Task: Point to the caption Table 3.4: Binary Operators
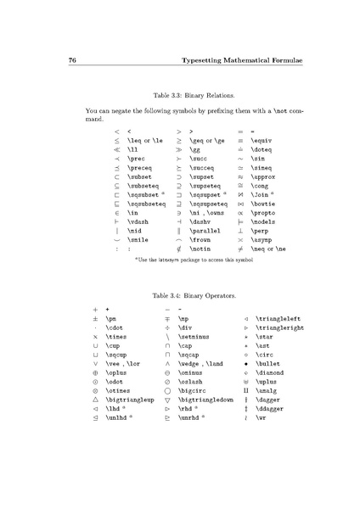(179, 297)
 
